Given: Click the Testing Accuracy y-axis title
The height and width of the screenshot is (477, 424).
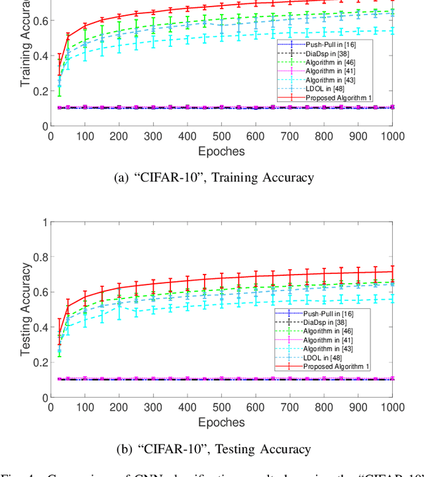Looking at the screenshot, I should (26, 310).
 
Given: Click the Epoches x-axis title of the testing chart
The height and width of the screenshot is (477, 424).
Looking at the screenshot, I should (221, 422).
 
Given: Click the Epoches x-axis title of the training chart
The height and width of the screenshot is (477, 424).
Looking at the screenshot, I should (221, 151).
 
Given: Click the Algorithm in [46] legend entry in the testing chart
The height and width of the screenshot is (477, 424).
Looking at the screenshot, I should (328, 330).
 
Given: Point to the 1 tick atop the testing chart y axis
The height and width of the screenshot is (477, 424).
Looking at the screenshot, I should (44, 222).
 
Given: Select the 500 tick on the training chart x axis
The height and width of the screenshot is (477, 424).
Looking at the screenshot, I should (221, 136).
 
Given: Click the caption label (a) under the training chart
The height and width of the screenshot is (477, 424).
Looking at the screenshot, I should (123, 177).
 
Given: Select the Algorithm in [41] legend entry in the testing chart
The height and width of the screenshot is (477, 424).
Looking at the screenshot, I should (328, 339).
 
